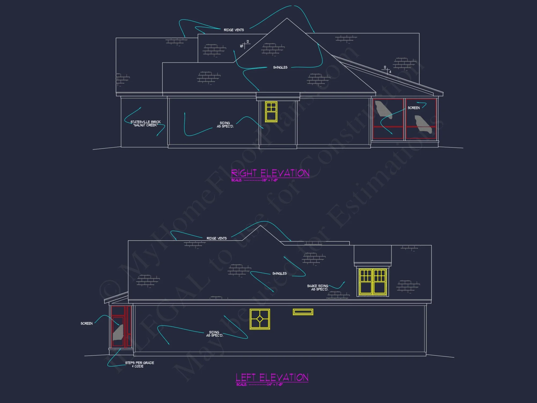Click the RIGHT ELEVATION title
click(270, 173)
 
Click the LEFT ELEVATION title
click(272, 377)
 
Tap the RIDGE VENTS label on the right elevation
click(234, 30)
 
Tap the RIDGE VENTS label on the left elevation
click(216, 238)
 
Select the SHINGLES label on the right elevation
click(280, 67)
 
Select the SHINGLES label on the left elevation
click(279, 274)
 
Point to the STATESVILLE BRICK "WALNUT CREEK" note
click(146, 124)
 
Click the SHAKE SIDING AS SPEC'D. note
click(318, 287)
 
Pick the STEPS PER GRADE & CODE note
click(139, 364)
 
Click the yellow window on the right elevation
click(271, 112)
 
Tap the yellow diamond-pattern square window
click(260, 319)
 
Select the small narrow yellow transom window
click(303, 312)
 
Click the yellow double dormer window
click(373, 282)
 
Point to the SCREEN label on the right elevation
click(413, 108)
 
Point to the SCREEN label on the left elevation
click(86, 323)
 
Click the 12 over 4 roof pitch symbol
click(387, 70)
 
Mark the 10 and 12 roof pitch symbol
click(244, 45)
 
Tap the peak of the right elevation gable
click(287, 18)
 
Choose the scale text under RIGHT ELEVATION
click(254, 180)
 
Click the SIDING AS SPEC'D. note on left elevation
click(214, 334)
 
